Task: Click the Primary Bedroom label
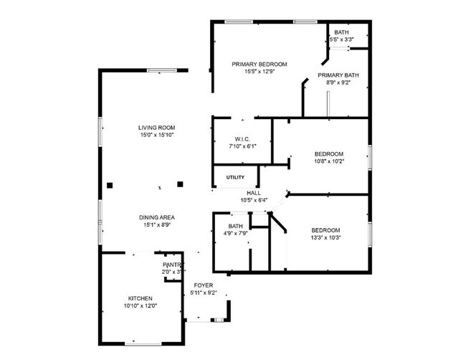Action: [x=260, y=65]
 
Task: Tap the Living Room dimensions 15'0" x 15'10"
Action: [x=157, y=135]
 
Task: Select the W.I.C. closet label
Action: [x=242, y=139]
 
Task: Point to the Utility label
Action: [x=235, y=177]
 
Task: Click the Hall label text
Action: [x=254, y=193]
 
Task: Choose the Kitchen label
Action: [x=141, y=298]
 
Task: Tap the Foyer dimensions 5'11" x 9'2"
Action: [x=204, y=293]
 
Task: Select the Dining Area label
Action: [x=157, y=217]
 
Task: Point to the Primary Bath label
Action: [x=338, y=75]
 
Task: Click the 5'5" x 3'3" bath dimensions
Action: [x=341, y=39]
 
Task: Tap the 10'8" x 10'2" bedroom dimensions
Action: [x=329, y=161]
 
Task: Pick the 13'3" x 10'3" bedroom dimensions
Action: [x=325, y=238]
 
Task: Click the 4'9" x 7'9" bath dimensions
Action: [x=235, y=233]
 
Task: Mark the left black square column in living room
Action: [x=110, y=186]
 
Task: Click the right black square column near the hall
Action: [x=180, y=184]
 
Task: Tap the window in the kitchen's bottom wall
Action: [x=143, y=344]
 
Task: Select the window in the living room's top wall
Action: [x=162, y=70]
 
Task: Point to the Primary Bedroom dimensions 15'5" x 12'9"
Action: [x=260, y=71]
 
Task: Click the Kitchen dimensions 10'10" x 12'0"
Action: [x=141, y=306]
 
